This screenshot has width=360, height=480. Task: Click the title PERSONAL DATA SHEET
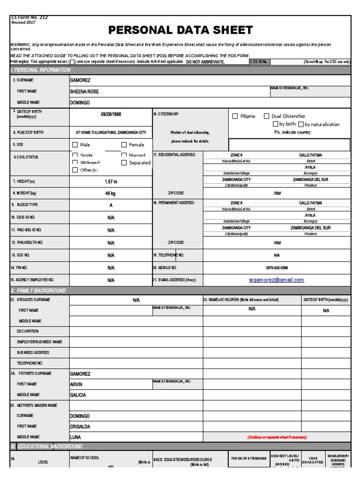(180, 30)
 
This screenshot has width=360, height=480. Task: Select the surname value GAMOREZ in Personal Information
(80, 80)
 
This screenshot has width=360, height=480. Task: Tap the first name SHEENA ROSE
(84, 91)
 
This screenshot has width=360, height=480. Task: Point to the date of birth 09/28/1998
(111, 114)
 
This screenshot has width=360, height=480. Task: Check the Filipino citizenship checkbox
(235, 116)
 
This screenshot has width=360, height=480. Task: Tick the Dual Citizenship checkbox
(266, 116)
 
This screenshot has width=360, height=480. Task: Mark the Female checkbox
(124, 145)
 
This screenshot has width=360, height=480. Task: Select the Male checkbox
(75, 145)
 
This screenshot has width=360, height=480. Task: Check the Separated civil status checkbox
(124, 163)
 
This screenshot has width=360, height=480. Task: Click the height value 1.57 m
(111, 181)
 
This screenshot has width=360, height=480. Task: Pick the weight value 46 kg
(111, 193)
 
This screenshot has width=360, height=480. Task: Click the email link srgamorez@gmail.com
(277, 280)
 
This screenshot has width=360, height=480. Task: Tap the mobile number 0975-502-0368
(277, 268)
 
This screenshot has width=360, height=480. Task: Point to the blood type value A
(111, 205)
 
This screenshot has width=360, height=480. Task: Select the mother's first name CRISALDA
(80, 427)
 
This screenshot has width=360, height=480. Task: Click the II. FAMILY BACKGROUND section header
(38, 291)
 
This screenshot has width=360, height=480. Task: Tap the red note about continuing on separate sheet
(277, 437)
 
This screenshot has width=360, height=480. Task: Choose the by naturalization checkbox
(301, 125)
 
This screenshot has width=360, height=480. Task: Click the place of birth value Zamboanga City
(111, 133)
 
